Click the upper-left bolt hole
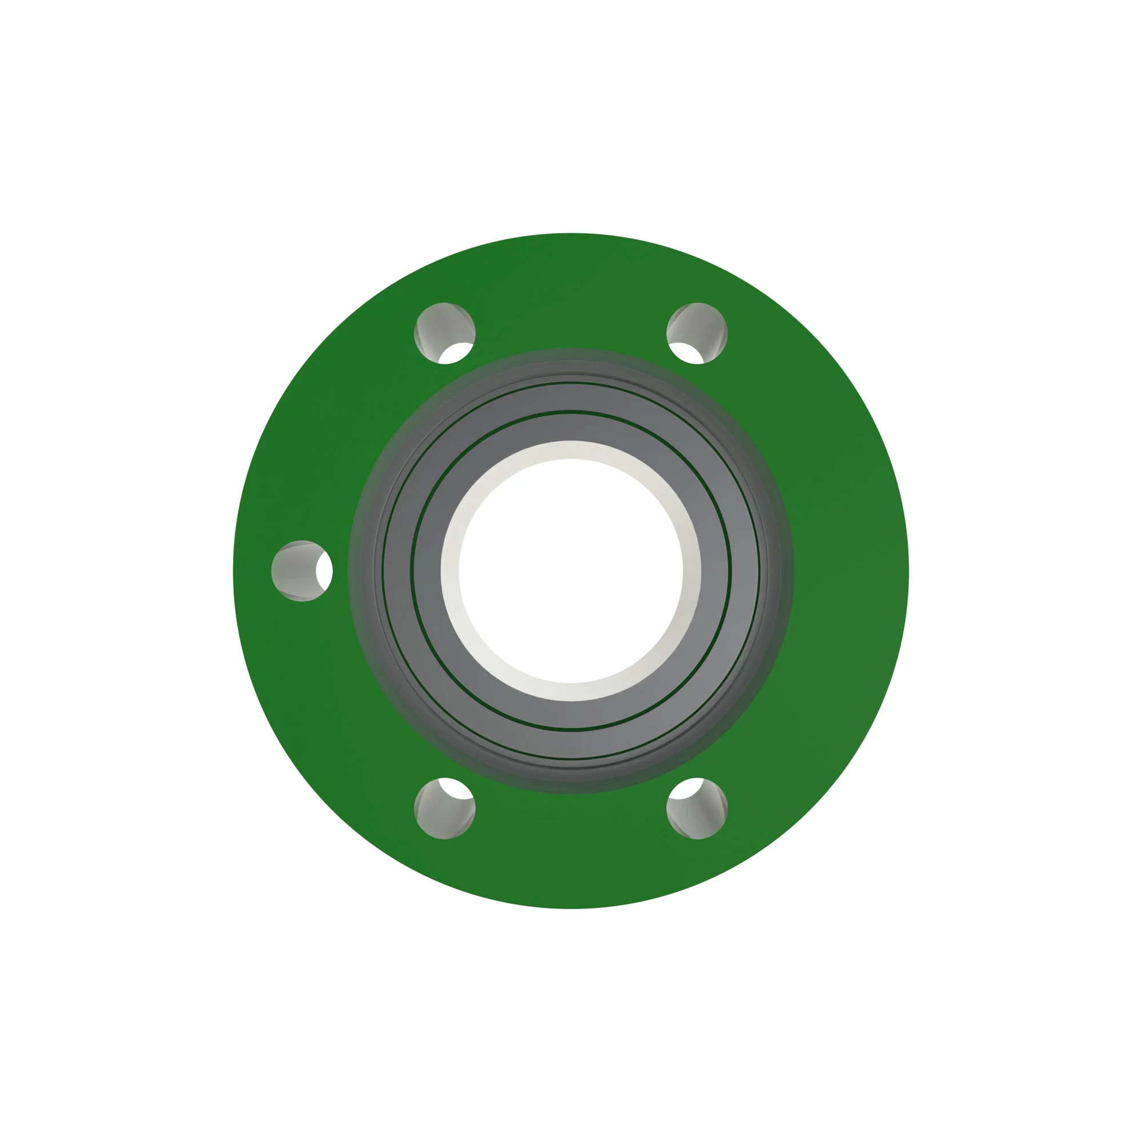coord(444,333)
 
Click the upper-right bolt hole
coord(697,333)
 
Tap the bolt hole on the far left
coord(301,571)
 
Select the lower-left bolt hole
coord(444,808)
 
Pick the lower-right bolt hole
coord(697,808)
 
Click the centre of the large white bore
coord(571,571)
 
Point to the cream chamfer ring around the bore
coord(571,449)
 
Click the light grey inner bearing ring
coord(571,426)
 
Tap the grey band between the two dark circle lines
coord(571,397)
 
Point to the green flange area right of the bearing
coord(851,571)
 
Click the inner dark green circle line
coord(571,411)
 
